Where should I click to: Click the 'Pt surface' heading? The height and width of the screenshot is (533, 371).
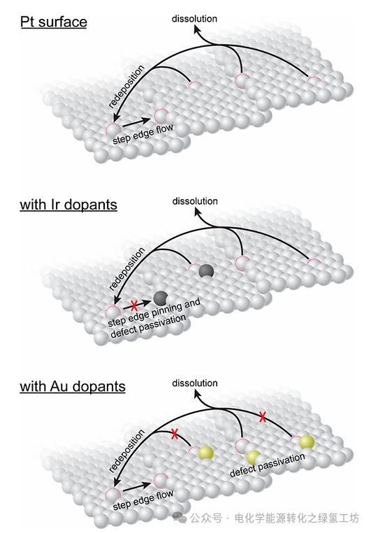click(54, 22)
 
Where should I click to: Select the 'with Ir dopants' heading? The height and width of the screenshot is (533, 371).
click(68, 205)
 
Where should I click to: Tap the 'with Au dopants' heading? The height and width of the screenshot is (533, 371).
click(73, 386)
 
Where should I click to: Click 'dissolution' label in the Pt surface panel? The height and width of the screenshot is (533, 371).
click(194, 19)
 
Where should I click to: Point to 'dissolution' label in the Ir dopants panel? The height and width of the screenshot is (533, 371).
click(195, 201)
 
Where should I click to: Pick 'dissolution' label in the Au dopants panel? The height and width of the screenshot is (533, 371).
click(195, 383)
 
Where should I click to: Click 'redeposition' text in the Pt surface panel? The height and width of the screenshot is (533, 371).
click(126, 87)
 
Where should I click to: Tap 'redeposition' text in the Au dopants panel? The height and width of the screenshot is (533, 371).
click(126, 451)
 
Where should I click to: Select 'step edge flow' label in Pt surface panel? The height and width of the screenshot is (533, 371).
click(143, 134)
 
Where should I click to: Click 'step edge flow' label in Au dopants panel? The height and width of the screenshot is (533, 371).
click(143, 499)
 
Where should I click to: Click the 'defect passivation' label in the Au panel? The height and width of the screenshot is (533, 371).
click(268, 465)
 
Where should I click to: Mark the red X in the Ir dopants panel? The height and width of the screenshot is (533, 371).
click(134, 305)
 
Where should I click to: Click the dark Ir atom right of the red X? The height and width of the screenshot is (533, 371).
click(161, 298)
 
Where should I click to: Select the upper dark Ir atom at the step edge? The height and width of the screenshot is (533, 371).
click(206, 271)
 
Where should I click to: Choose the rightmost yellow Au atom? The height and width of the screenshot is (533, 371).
click(307, 442)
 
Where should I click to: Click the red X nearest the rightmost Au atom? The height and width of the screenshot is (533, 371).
click(262, 417)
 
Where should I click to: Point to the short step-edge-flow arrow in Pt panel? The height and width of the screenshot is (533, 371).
click(136, 123)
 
